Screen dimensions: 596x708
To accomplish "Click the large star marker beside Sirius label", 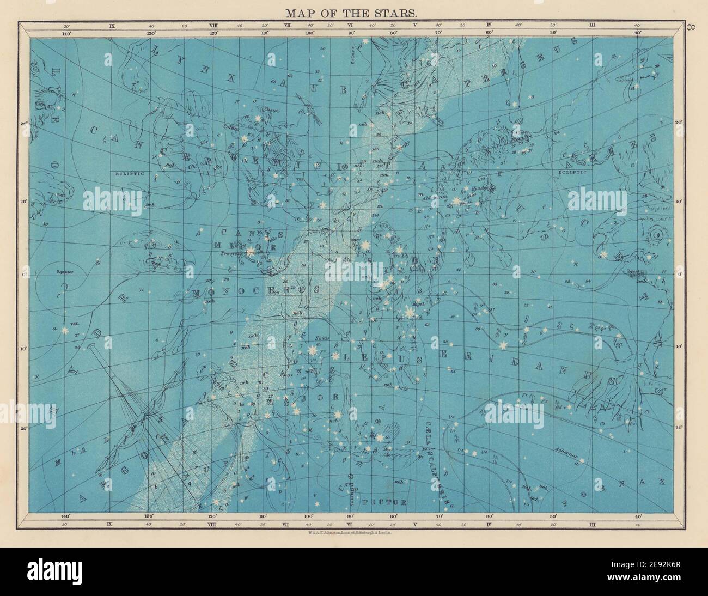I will [x=312, y=350].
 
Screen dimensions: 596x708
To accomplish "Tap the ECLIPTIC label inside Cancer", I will [x=129, y=173].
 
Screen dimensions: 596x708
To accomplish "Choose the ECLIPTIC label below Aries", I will [x=571, y=172].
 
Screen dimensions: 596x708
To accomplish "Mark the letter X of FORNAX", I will [x=661, y=482].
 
